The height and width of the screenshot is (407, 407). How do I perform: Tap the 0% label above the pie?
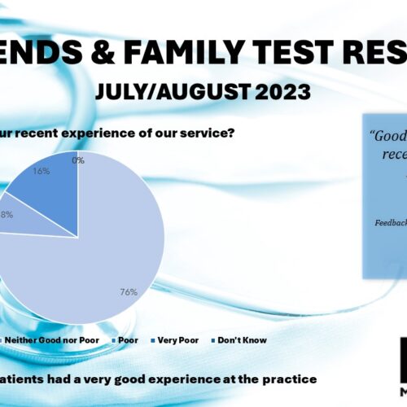point(78,160)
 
